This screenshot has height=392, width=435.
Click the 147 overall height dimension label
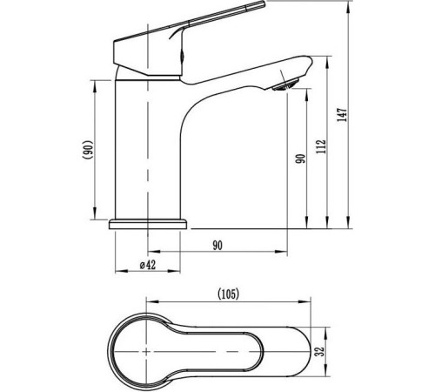(343, 115)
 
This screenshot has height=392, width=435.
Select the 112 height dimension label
(322, 146)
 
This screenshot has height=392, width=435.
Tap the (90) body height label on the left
(87, 150)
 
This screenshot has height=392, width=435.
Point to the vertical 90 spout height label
(301, 159)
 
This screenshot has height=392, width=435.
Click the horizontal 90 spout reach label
(217, 246)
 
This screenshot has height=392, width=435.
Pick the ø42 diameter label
(147, 265)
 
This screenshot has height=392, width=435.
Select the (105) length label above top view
(229, 294)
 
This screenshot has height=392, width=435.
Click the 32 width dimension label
(319, 352)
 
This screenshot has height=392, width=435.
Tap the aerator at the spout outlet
(284, 85)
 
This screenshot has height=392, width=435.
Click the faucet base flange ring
(148, 224)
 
